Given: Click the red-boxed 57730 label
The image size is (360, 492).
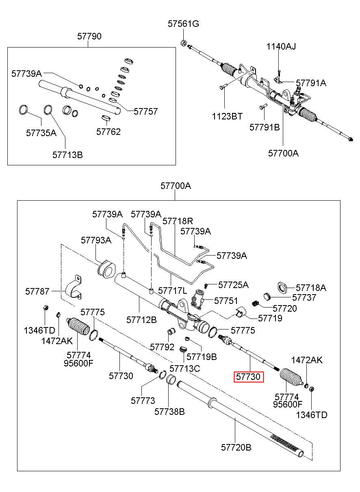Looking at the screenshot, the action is (249, 377).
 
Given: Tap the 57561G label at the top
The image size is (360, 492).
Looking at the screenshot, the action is (183, 24).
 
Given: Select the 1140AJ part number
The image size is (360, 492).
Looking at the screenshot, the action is (281, 47).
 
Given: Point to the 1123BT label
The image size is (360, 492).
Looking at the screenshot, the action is (227, 117).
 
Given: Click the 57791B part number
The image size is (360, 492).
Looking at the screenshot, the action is (265, 127).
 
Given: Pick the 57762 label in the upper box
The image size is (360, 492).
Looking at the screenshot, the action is (108, 132).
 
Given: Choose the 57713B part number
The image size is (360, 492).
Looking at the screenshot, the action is (67, 155).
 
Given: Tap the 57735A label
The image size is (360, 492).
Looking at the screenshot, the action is (41, 133).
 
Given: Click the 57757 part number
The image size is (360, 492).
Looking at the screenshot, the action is (146, 112).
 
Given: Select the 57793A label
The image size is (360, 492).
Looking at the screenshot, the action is (96, 240).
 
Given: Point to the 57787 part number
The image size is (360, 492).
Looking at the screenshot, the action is (37, 291).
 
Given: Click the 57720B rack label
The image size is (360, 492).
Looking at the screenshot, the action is (236, 447).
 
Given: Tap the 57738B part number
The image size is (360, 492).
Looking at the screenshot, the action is (169, 412).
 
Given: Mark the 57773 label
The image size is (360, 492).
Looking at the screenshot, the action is (143, 401).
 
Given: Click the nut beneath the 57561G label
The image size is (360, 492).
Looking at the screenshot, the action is (184, 42).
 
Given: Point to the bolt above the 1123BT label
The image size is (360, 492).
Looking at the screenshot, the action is (222, 87).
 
